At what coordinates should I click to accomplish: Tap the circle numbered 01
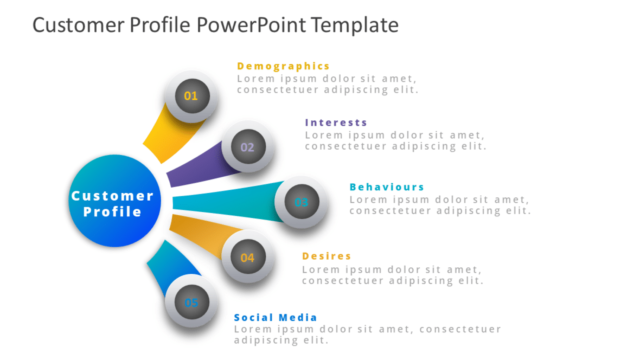point(191,97)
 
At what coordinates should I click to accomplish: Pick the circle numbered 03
point(300,203)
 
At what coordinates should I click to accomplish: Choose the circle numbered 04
point(247,258)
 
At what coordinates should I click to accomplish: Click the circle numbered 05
point(191,303)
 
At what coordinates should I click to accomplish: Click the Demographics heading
point(283,66)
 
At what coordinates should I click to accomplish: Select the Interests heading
point(336,123)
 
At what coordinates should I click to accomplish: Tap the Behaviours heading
point(387,187)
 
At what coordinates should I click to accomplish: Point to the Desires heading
point(327,256)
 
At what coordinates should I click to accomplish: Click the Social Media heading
point(276,318)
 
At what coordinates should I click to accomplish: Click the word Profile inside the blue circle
point(113,212)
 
